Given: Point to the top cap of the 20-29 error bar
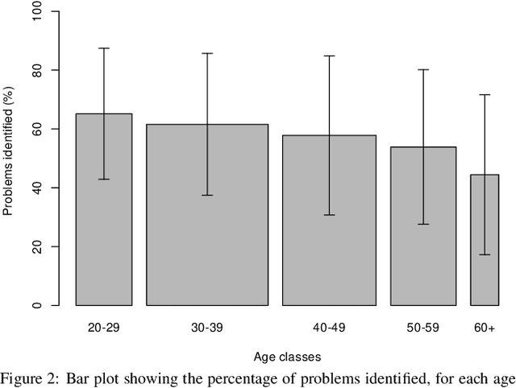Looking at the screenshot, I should (104, 48).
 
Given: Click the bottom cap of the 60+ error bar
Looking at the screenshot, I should (485, 254).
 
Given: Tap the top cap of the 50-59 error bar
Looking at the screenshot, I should (423, 69).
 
